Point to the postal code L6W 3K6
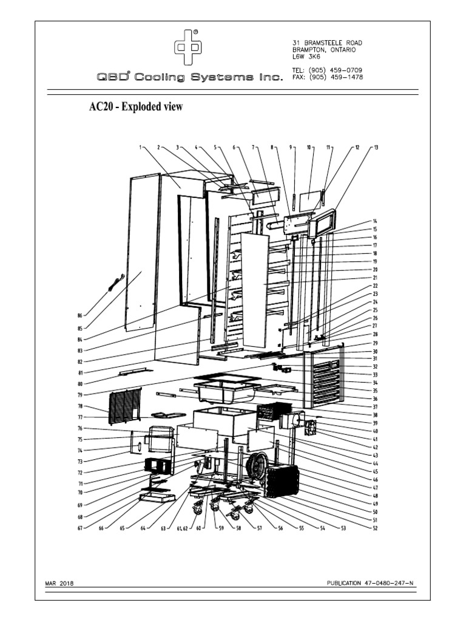click(306, 56)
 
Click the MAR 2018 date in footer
click(60, 584)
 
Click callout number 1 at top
click(140, 147)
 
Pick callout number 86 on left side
click(80, 316)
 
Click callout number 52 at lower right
click(376, 527)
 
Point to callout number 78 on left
click(80, 406)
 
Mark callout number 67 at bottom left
click(80, 528)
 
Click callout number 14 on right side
click(375, 221)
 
